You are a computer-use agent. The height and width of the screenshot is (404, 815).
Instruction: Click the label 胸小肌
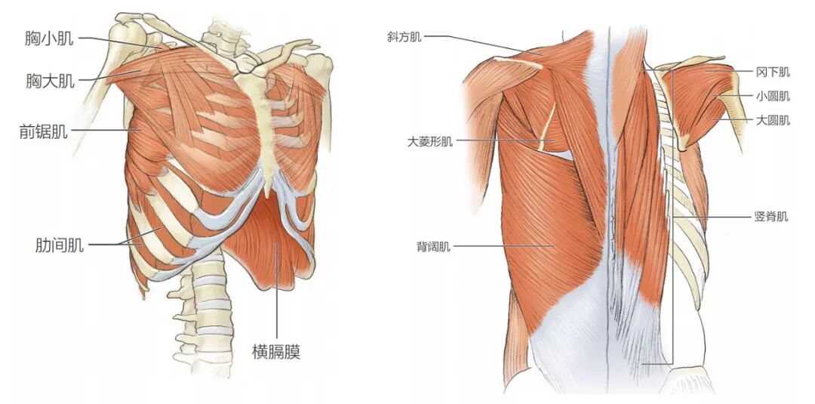50,38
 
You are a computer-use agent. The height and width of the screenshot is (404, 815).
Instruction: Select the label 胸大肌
50,80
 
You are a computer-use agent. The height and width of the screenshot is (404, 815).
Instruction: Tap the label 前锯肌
43,132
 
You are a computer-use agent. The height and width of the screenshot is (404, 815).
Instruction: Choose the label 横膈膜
276,351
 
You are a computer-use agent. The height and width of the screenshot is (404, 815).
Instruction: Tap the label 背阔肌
432,246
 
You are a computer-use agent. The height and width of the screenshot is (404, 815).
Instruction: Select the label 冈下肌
772,72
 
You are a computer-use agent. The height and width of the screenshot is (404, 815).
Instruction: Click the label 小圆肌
773,96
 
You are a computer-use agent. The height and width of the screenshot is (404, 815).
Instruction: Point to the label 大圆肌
773,120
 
